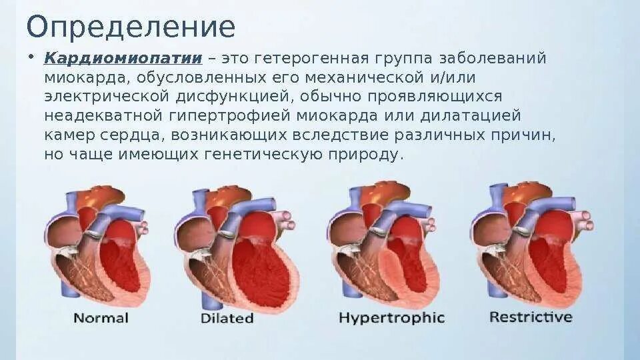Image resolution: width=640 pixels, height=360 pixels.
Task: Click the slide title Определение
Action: pyautogui.click(x=131, y=27)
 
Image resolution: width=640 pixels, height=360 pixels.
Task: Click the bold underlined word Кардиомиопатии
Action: pyautogui.click(x=123, y=58)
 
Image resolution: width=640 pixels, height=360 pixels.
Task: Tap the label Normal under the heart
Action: pyautogui.click(x=100, y=317)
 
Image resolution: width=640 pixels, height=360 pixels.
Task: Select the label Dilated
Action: pyautogui.click(x=227, y=318)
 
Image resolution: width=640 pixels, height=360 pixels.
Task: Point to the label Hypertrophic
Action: pyautogui.click(x=391, y=317)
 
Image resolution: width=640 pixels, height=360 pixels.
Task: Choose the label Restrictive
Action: pyautogui.click(x=531, y=317)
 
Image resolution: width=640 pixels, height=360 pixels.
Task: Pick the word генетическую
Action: pyautogui.click(x=267, y=154)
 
